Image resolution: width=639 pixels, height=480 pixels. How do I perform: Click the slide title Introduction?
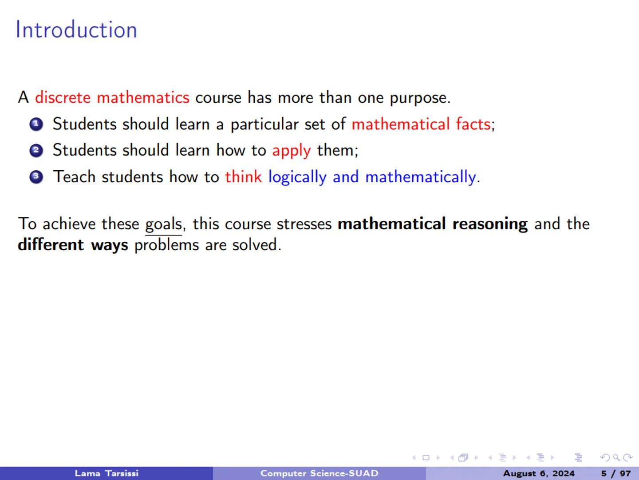76,30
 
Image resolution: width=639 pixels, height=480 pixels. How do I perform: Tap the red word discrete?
63,97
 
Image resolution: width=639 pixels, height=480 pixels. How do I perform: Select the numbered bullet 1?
36,124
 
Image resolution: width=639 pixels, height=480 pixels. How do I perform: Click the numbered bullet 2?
36,151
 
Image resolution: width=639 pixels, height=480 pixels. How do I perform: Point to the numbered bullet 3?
36,177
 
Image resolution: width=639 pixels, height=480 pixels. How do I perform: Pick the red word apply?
291,151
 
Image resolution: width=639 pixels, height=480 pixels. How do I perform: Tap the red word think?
243,177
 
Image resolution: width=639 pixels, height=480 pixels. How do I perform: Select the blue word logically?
297,177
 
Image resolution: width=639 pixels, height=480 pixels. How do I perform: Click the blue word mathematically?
420,177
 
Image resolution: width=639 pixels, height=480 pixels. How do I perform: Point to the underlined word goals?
163,224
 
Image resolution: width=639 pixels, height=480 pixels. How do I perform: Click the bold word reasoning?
490,224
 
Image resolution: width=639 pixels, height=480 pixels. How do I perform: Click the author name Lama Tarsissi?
106,473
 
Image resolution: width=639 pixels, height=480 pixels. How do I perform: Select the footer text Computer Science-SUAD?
319,473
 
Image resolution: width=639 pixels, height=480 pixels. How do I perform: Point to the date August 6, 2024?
539,473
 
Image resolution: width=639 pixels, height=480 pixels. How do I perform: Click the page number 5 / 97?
616,473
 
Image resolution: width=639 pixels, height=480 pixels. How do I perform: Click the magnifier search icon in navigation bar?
616,458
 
